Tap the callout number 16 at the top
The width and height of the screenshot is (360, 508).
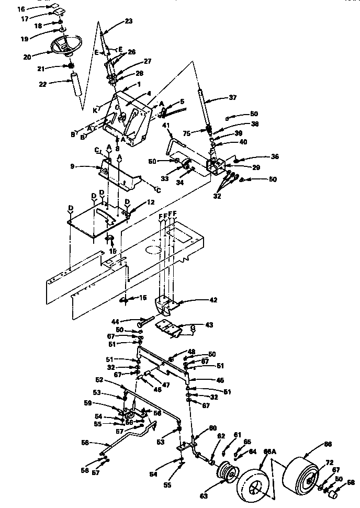point(21,9)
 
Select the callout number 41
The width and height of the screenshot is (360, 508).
point(166,126)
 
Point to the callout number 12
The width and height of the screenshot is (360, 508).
point(137,202)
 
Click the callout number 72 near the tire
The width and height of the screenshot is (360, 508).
point(329,462)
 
